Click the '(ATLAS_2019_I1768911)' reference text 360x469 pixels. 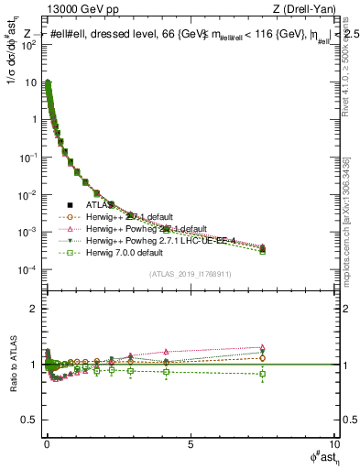(190, 274)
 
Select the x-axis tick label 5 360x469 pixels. (190, 444)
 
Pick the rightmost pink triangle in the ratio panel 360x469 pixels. (262, 347)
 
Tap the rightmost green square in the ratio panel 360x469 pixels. (262, 374)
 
